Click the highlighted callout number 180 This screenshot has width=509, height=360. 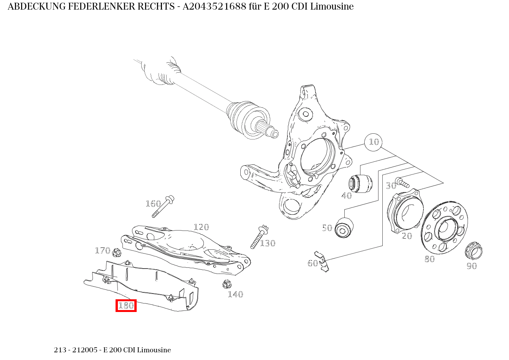[x=126, y=305]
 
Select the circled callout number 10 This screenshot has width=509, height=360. [x=373, y=142]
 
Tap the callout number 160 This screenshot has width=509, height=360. [x=153, y=204]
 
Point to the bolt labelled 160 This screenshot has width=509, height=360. [x=164, y=206]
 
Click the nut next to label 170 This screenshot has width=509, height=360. [x=117, y=254]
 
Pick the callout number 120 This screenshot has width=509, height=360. [x=201, y=227]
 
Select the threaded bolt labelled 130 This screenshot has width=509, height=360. [x=259, y=236]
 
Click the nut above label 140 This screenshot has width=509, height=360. [x=226, y=285]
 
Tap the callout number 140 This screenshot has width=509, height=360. [x=235, y=294]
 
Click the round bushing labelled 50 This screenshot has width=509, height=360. [x=344, y=228]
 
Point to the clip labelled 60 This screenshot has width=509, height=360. [x=322, y=261]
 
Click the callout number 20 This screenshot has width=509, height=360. [x=407, y=236]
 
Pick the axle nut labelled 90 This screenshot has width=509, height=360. [x=473, y=251]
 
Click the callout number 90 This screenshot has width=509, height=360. [x=471, y=266]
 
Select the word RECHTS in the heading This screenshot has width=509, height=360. [x=156, y=7]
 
